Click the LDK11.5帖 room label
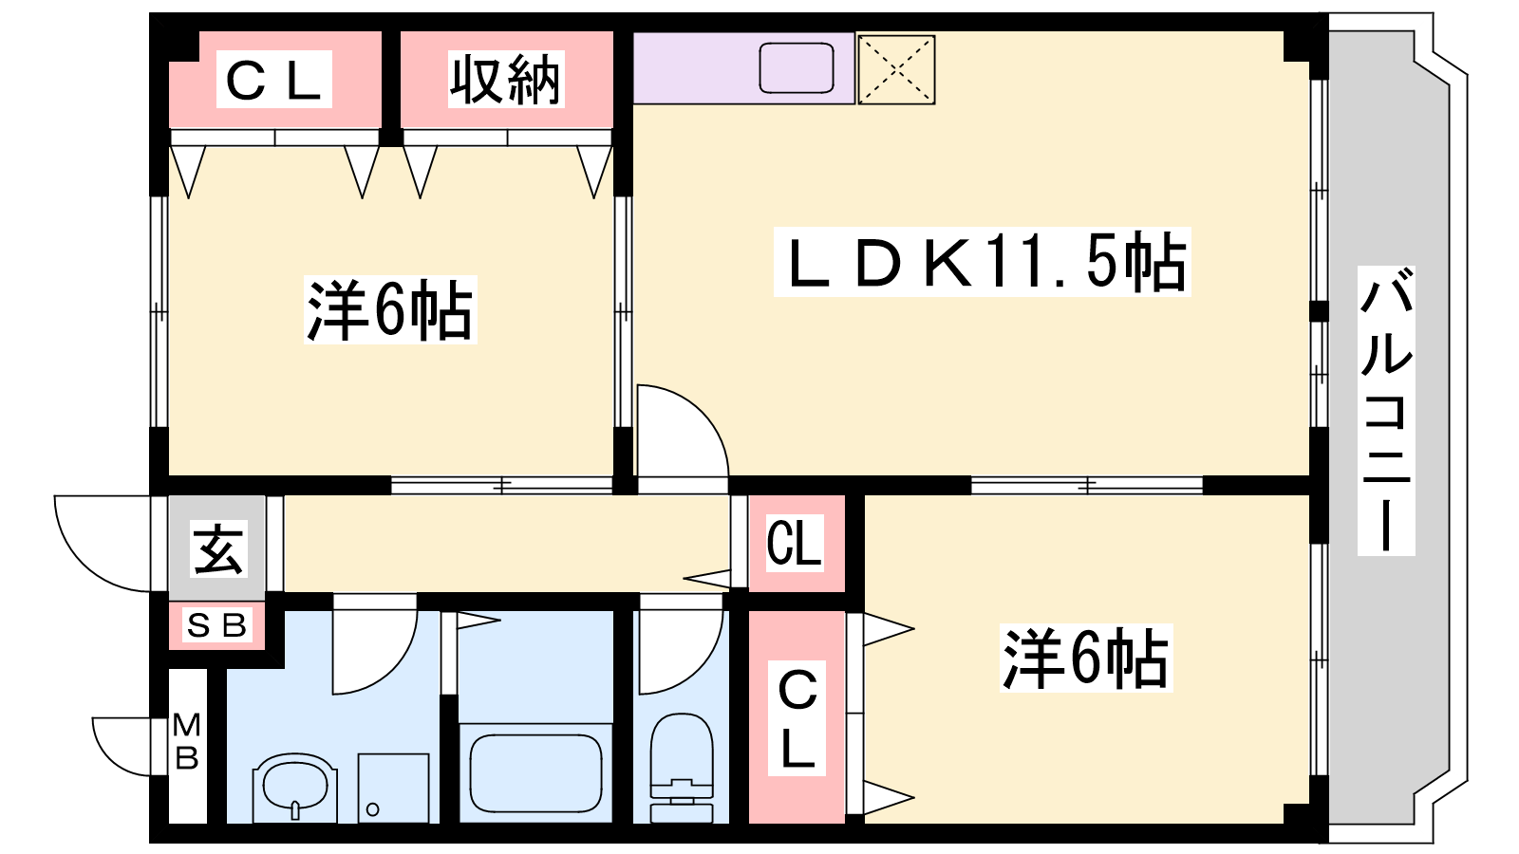point(982,262)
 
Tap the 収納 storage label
point(505,80)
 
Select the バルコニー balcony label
point(1386,411)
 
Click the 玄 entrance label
point(217,549)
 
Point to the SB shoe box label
point(216,625)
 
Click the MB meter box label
point(186,741)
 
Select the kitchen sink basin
point(797,67)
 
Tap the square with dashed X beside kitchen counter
point(896,70)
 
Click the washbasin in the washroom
point(295,787)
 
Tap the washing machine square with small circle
point(393,789)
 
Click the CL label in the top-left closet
point(274,80)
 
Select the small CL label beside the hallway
point(794,543)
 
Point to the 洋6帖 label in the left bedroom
point(390,309)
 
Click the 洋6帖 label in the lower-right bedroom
point(1086,659)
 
